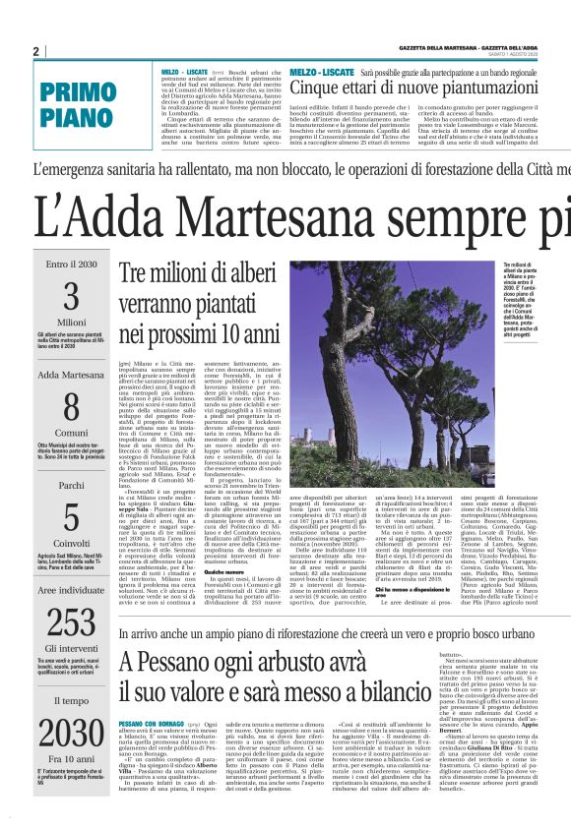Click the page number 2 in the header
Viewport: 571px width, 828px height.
click(36, 51)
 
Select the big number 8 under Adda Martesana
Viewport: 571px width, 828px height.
click(71, 407)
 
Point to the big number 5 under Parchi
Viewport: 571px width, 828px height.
click(71, 518)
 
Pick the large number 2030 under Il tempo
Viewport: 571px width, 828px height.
click(71, 733)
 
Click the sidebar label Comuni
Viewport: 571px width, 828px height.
click(71, 432)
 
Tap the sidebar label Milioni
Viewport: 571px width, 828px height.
click(71, 322)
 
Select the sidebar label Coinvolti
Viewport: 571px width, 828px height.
click(71, 542)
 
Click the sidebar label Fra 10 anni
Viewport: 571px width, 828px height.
click(71, 760)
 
